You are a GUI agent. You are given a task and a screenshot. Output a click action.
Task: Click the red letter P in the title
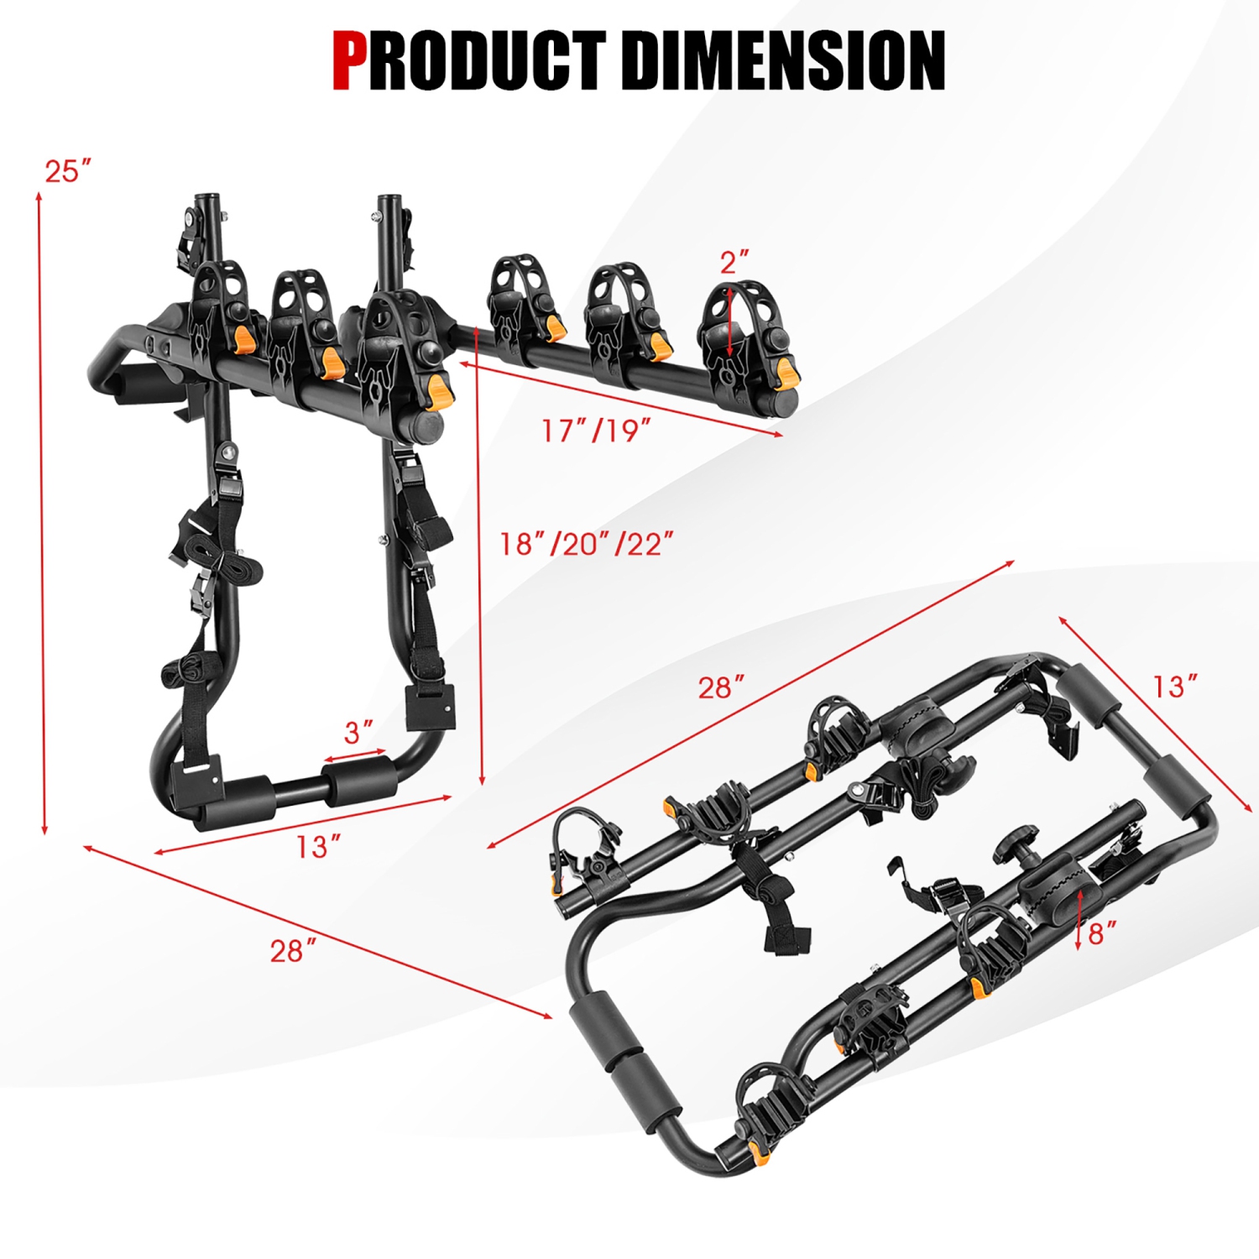[350, 60]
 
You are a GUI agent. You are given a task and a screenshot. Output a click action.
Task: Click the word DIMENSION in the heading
[785, 60]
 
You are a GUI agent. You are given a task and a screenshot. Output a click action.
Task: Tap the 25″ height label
[67, 171]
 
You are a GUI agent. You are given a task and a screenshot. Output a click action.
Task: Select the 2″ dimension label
[734, 263]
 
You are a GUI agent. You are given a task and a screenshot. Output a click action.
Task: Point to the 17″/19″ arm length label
[596, 431]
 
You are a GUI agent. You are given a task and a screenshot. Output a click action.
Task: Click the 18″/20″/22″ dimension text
[587, 544]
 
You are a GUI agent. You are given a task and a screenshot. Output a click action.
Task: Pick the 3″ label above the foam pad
[358, 733]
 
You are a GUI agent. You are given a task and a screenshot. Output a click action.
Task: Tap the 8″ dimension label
[1103, 933]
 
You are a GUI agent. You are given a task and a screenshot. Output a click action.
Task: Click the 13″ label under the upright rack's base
[318, 847]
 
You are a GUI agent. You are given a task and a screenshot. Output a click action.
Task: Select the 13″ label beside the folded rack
[1174, 687]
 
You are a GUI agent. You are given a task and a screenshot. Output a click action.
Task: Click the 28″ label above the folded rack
[721, 687]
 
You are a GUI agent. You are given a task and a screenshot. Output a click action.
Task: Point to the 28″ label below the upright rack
[293, 951]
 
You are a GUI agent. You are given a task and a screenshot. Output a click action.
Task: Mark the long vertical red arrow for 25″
[42, 512]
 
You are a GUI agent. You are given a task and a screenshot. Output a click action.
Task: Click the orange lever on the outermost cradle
[786, 373]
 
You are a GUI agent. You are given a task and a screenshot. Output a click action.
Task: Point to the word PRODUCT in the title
[487, 60]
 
